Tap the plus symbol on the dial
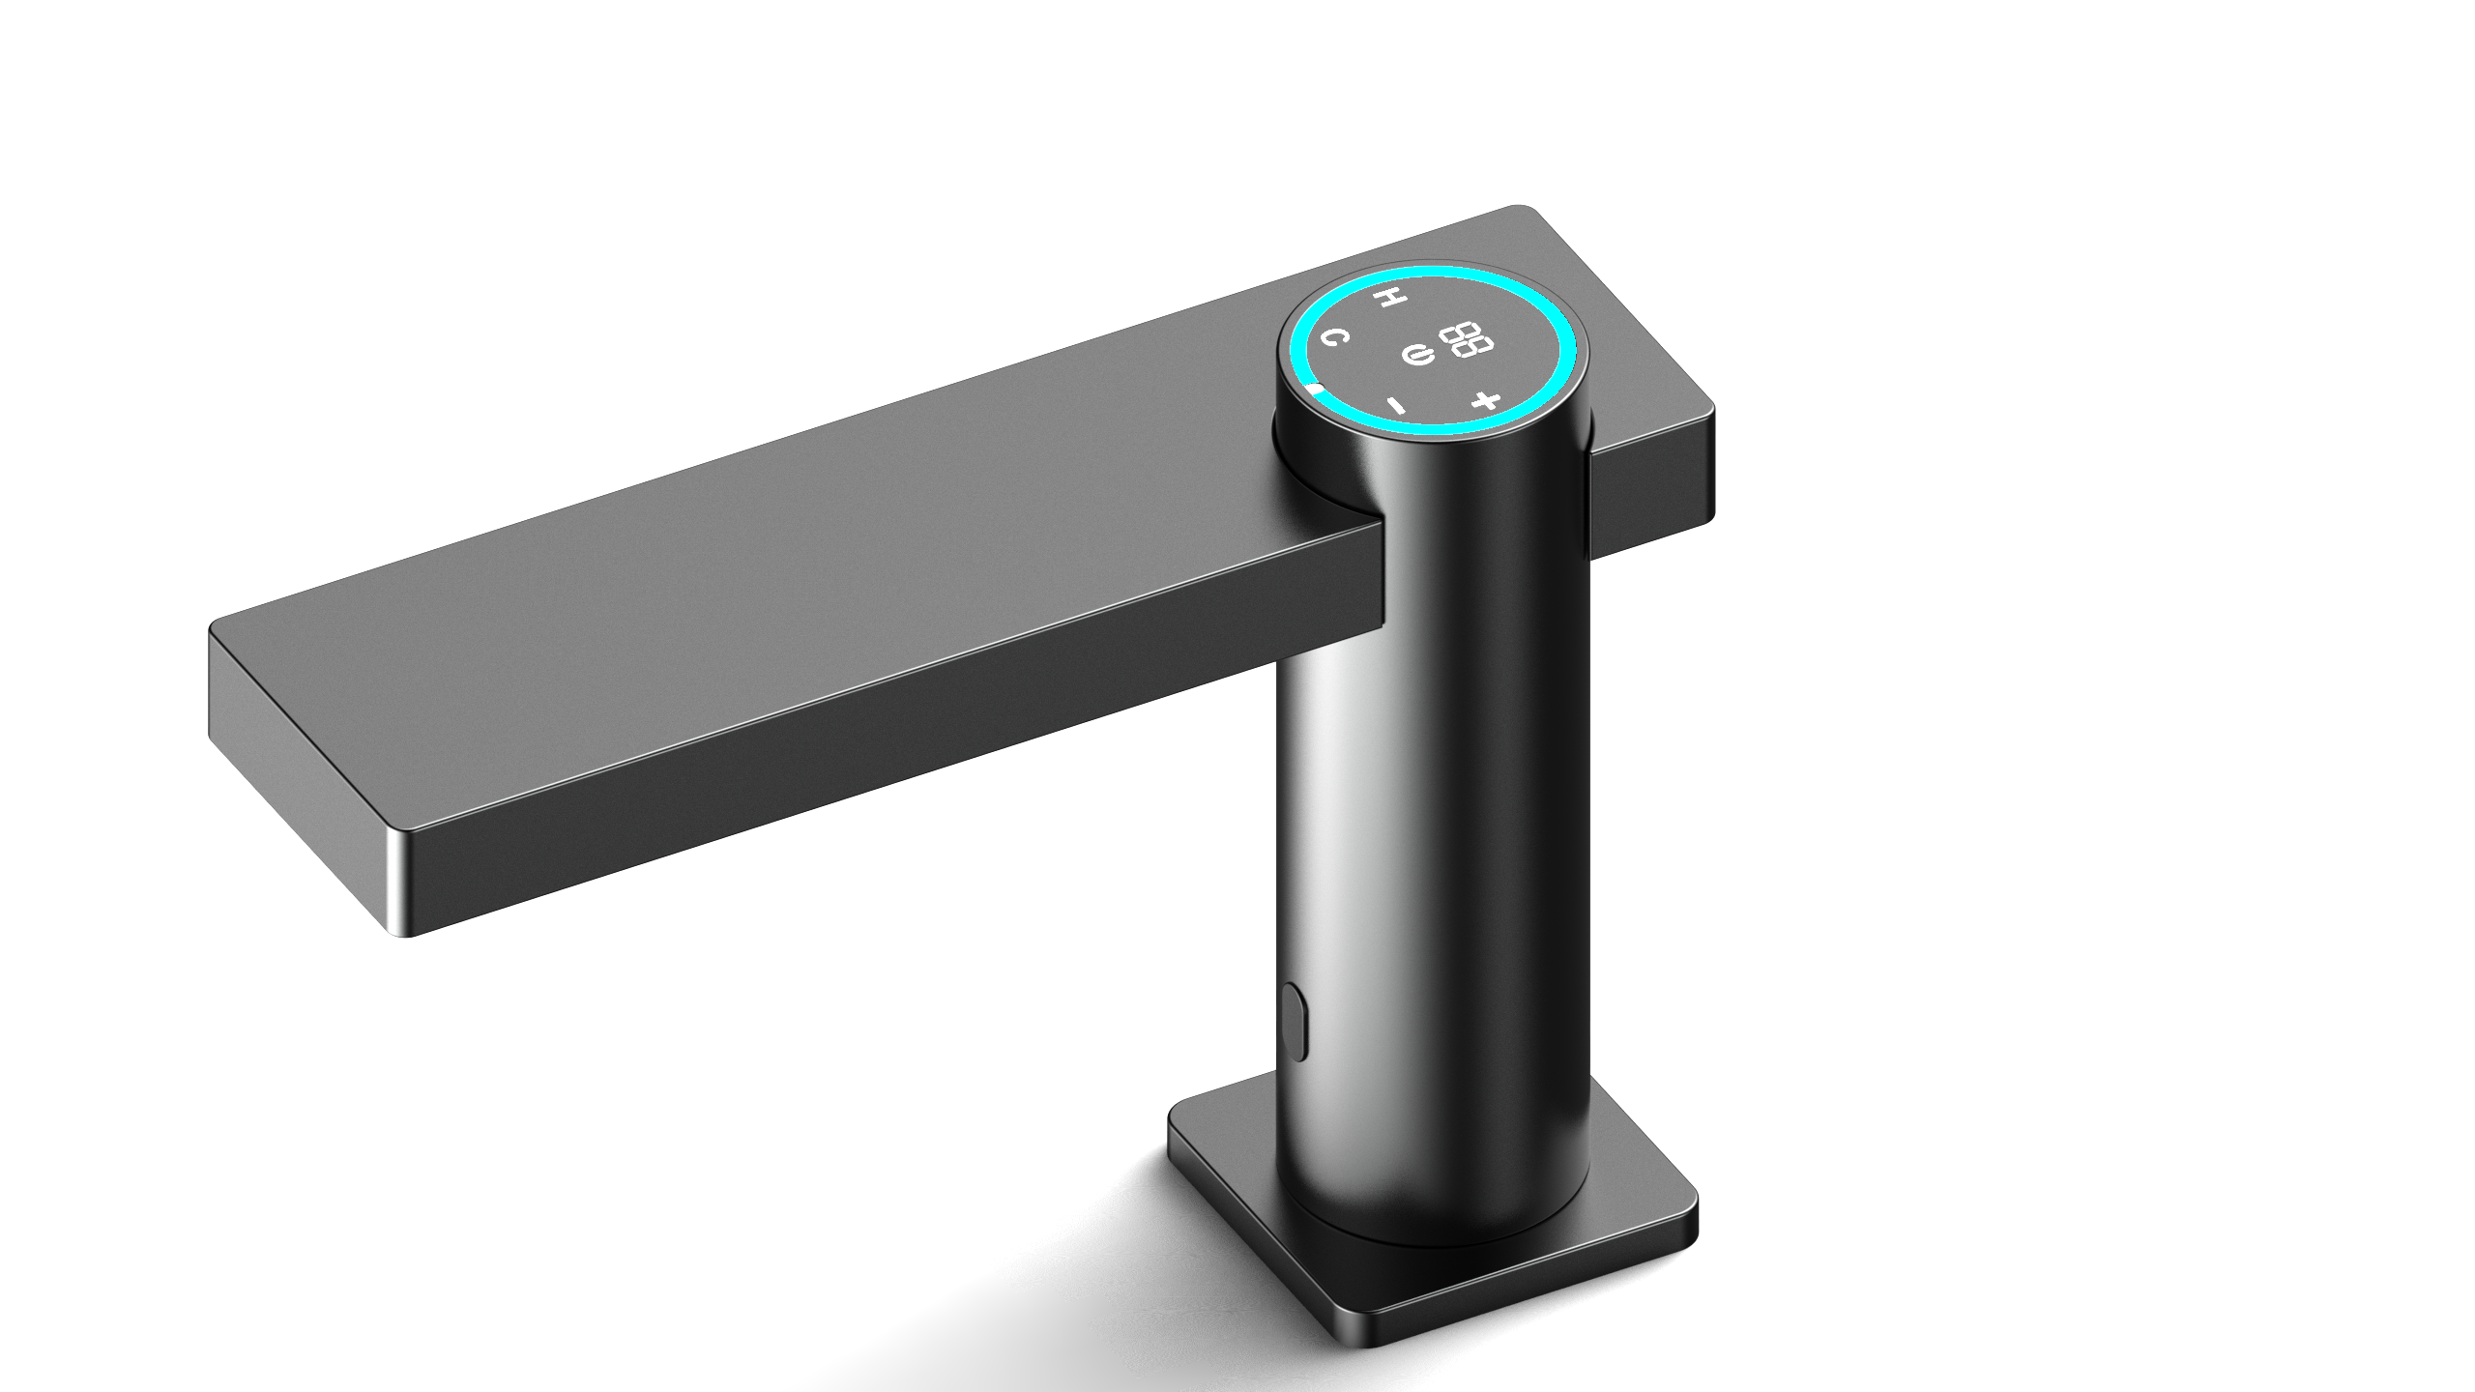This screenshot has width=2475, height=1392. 1486,400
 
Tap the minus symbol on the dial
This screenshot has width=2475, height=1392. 1396,404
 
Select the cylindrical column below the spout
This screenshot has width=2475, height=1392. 1450,870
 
